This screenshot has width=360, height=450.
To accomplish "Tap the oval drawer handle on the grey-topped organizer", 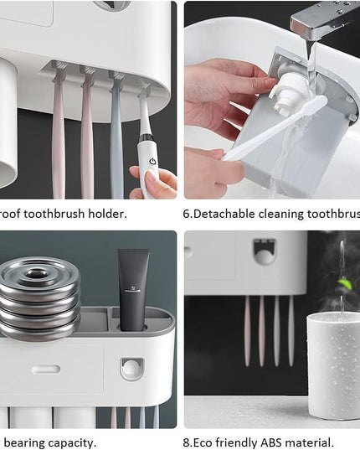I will (x=45, y=369).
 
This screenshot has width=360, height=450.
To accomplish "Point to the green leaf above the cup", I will (x=344, y=284).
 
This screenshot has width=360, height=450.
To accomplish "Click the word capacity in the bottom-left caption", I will (x=74, y=442).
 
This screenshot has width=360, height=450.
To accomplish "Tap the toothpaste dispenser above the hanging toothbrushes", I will (x=265, y=251).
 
